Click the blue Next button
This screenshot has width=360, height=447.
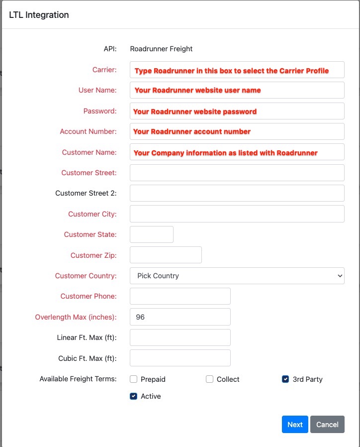point(295,425)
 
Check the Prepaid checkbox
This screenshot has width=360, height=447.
point(133,379)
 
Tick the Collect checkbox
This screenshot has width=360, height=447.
point(209,379)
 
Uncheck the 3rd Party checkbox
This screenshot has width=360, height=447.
point(285,379)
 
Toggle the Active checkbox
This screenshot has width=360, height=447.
point(133,396)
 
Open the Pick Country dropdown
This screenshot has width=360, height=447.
point(237,276)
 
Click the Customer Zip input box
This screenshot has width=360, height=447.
point(166,255)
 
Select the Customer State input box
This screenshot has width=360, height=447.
point(151,234)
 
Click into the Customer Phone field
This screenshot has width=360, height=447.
point(180,296)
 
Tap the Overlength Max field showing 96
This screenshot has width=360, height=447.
point(180,317)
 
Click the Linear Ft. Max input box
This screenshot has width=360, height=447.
point(180,337)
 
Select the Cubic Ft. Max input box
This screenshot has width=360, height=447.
point(180,358)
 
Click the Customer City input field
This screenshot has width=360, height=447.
point(237,214)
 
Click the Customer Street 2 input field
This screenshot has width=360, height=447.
point(237,193)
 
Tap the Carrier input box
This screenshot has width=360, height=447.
point(237,70)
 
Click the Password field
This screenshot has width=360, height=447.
point(237,111)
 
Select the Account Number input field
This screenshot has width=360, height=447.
point(237,131)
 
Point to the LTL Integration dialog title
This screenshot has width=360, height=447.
point(39,15)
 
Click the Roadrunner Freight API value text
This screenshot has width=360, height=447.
point(161,49)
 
